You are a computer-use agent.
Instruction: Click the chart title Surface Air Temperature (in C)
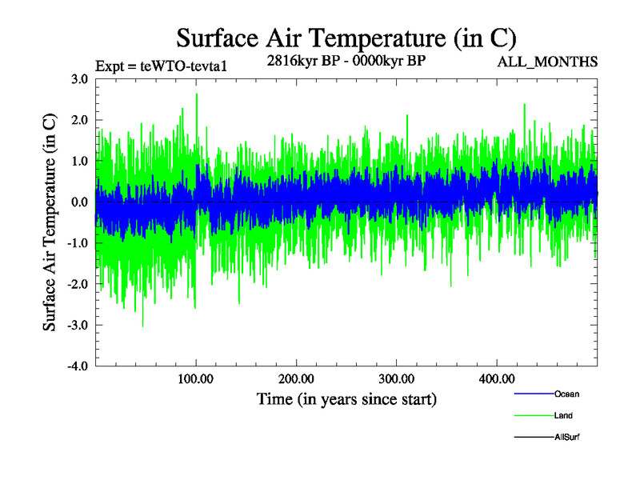coord(346,38)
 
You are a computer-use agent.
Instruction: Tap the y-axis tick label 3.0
coord(78,79)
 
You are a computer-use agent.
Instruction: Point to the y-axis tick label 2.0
coord(78,120)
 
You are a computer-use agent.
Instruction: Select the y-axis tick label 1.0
coord(78,161)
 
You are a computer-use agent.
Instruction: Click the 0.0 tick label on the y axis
coord(78,202)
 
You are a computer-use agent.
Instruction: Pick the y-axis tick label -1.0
coord(77,243)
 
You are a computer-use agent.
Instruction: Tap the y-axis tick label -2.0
coord(77,284)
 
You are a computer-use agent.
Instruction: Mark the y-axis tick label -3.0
coord(77,326)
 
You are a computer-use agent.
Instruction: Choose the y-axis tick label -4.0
coord(77,366)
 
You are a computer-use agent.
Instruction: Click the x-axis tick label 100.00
coord(196,378)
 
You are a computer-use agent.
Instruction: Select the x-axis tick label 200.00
coord(296,378)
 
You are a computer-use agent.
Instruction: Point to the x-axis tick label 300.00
coord(396,378)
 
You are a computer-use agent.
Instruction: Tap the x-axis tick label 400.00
coord(496,378)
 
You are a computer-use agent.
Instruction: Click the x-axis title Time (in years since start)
coord(346,398)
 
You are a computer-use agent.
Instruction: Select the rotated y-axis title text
coord(50,222)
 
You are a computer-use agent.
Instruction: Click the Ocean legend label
coord(566,394)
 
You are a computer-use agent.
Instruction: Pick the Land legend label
coord(563,415)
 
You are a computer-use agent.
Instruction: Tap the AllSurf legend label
coord(566,437)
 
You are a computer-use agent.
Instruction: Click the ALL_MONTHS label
coord(548,62)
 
